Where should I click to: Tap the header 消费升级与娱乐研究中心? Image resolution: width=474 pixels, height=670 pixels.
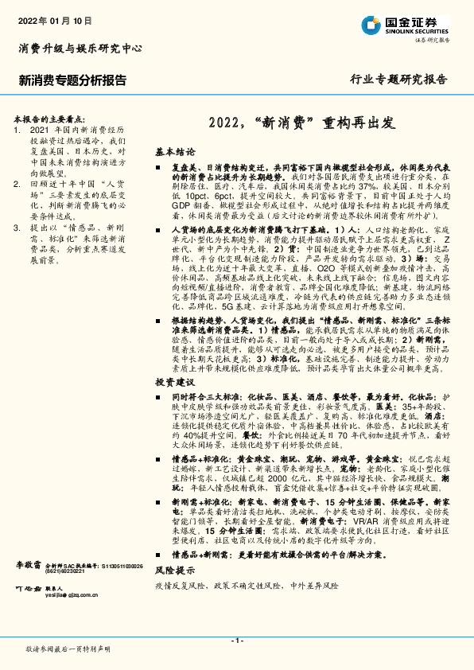[x=80, y=49]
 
